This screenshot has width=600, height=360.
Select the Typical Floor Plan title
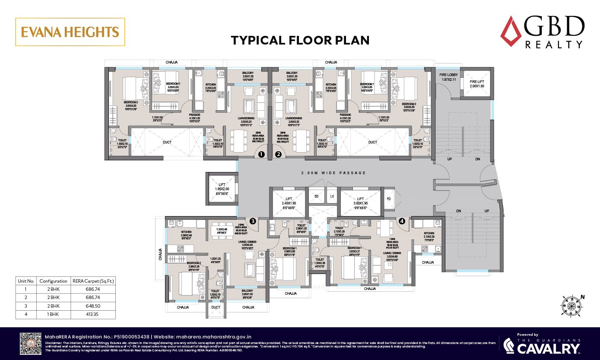click(300, 41)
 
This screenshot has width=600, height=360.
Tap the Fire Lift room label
click(477, 83)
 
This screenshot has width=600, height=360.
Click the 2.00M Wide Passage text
click(333, 173)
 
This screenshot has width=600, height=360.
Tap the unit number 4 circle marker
click(402, 221)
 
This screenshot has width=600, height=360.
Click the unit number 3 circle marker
click(253, 221)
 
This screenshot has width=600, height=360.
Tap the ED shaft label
click(316, 196)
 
